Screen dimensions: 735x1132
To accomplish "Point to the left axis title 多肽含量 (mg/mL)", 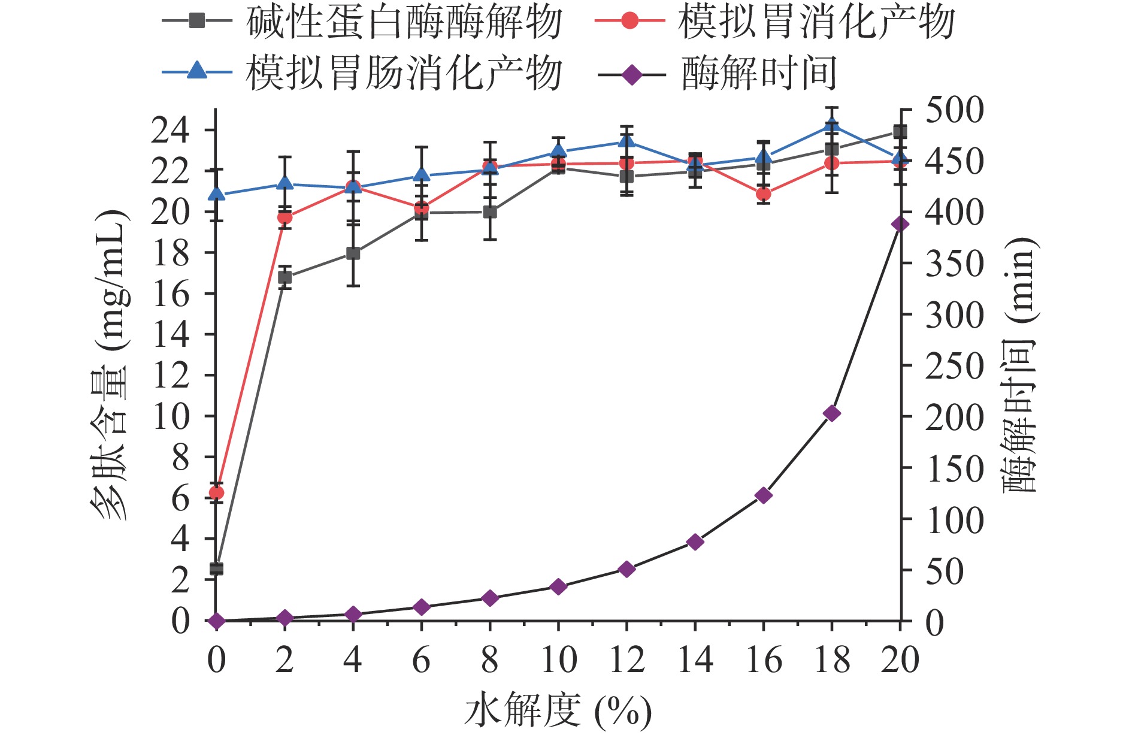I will coord(111,365).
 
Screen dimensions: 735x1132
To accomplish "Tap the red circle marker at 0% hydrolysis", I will coord(216,493).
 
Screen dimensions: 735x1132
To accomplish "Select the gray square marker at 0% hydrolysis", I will coord(216,568).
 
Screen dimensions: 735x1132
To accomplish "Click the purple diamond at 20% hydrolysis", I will coord(900,225).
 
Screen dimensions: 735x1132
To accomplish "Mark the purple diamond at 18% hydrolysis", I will coord(831,413).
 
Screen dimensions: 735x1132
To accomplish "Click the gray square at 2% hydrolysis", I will coord(285,277).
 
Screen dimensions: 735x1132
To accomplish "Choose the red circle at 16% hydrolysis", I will coord(763,194).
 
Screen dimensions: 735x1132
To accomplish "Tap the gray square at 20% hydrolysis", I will coord(900,132).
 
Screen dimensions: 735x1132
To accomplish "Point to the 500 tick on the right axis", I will coord(954,111).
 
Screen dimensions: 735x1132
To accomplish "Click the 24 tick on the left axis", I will coord(170,131).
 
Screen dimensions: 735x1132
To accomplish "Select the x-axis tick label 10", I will coord(558,661).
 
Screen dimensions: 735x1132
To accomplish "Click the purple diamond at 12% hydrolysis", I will coord(626,569).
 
